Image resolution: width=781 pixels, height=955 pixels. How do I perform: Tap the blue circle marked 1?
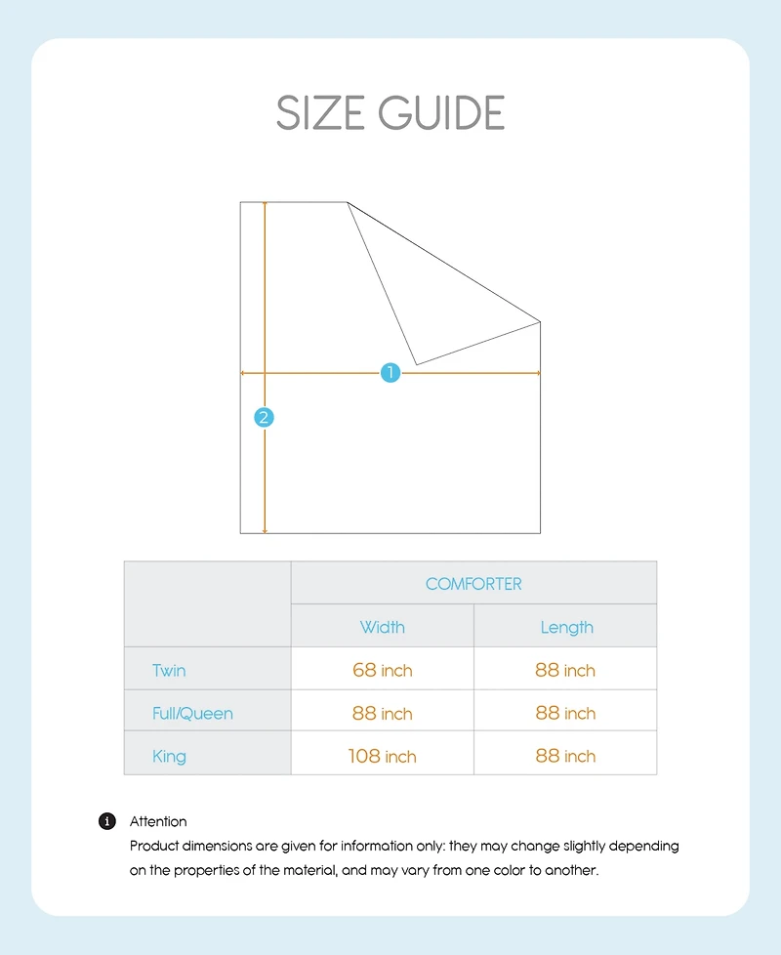[390, 372]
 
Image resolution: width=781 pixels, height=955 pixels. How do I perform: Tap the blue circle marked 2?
[264, 417]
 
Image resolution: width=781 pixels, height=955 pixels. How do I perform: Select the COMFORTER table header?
[473, 584]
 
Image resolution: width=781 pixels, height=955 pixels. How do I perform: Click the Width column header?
[382, 627]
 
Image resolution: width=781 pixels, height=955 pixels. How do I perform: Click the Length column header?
[566, 627]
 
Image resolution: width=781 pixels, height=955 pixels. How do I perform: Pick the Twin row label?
[169, 671]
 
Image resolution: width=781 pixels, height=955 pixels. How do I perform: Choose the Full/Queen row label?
[192, 714]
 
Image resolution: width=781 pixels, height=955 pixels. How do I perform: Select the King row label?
[169, 756]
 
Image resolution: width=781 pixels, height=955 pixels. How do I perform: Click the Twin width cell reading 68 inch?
[382, 671]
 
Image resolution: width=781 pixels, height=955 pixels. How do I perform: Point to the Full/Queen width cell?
[382, 714]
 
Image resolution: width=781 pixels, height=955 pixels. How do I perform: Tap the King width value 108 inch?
[382, 756]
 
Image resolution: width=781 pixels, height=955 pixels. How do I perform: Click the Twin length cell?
[565, 671]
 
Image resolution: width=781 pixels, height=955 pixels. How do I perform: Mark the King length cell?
[565, 756]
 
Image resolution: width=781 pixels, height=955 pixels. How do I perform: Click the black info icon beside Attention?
[108, 821]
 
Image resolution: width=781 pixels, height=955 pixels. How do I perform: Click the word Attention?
[158, 821]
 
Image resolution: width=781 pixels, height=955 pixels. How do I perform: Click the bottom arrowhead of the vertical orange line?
[265, 530]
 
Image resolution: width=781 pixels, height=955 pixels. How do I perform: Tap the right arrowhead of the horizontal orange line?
[537, 372]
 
